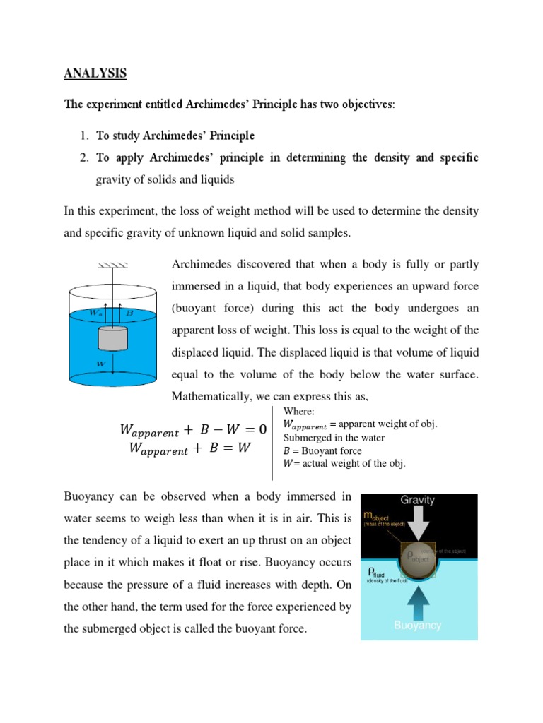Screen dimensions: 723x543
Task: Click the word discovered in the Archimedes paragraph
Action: [x=259, y=265]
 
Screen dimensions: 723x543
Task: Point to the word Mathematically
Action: [x=210, y=397]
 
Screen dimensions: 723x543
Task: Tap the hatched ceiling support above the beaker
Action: [x=112, y=266]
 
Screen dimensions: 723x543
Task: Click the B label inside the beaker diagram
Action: [x=129, y=311]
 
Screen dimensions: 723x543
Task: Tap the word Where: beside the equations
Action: [x=297, y=412]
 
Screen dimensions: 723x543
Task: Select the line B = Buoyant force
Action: [x=322, y=450]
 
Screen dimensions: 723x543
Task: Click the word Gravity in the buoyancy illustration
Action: [x=418, y=500]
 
